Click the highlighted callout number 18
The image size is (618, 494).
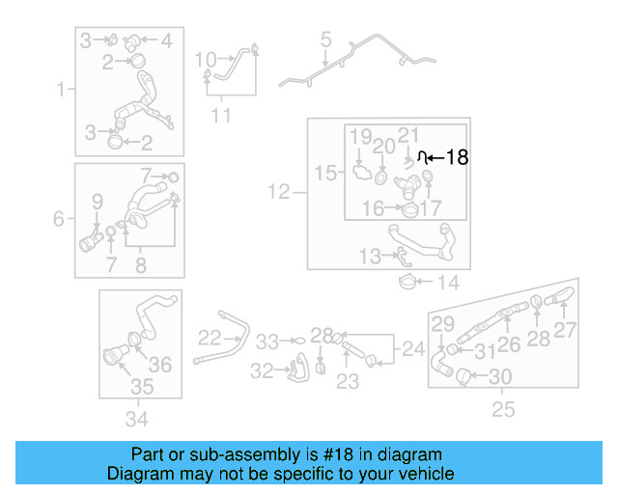coord(457,157)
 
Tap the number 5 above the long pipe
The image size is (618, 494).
coord(325,41)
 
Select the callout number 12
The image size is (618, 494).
coord(278,193)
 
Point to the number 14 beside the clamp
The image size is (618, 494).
coord(449,284)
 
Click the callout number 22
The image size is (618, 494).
coord(210,338)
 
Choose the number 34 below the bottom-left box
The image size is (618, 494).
coord(137,419)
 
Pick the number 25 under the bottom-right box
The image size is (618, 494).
coord(503,410)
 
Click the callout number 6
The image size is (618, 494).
coord(60,220)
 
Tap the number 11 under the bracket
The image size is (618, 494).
coord(222,117)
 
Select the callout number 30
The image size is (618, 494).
coord(501,376)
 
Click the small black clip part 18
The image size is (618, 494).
coord(421,155)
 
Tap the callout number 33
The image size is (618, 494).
coord(267,341)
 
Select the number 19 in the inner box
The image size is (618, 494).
coord(360,136)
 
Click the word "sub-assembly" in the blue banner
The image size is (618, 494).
coord(222,454)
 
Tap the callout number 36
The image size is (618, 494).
coord(160,364)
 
